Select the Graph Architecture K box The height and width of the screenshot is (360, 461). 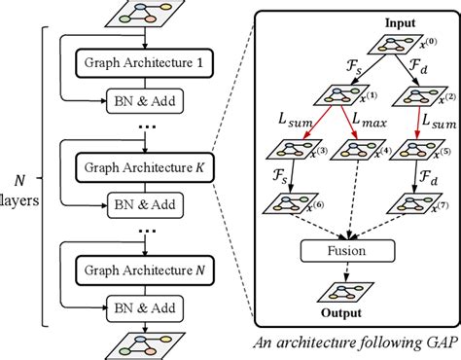coord(144,170)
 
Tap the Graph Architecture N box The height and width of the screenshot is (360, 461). coord(144,275)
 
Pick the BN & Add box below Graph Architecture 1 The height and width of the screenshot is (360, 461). coord(145,101)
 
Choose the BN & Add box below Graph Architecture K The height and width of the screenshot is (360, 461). coord(145,205)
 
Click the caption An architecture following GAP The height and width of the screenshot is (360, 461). coord(354,342)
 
